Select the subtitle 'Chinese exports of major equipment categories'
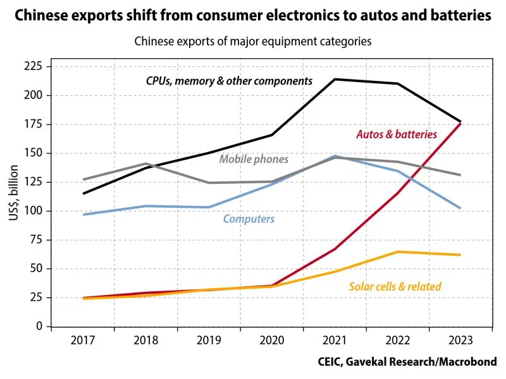pos(252,42)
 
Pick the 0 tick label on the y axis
pos(39,327)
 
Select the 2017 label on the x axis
pos(83,341)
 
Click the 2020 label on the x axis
pos(272,341)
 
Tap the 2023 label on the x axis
pos(460,341)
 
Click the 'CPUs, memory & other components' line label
pos(229,81)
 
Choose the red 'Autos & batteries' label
pos(397,135)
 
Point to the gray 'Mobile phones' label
pos(254,159)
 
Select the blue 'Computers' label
pos(249,219)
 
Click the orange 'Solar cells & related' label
pos(395,287)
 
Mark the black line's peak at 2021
pos(335,79)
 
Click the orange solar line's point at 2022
pos(397,252)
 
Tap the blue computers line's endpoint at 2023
pos(460,208)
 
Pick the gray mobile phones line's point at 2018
pos(146,164)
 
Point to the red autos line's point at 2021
pos(335,249)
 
